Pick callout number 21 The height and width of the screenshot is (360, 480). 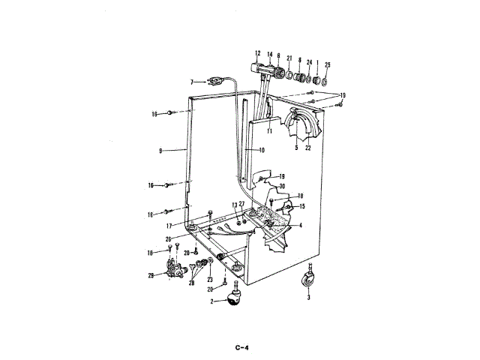pos(289,58)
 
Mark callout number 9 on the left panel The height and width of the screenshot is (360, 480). pos(160,151)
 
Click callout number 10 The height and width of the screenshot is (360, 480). pos(262,151)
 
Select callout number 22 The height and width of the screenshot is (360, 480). pos(307,148)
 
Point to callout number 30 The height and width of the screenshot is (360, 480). pos(282,186)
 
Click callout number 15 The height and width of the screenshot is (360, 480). pos(302,206)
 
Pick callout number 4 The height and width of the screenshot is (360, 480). pos(300,225)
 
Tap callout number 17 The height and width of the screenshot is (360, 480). pos(170,224)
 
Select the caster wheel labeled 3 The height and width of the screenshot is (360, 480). pos(308,281)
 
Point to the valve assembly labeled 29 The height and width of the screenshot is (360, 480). pos(177,271)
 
